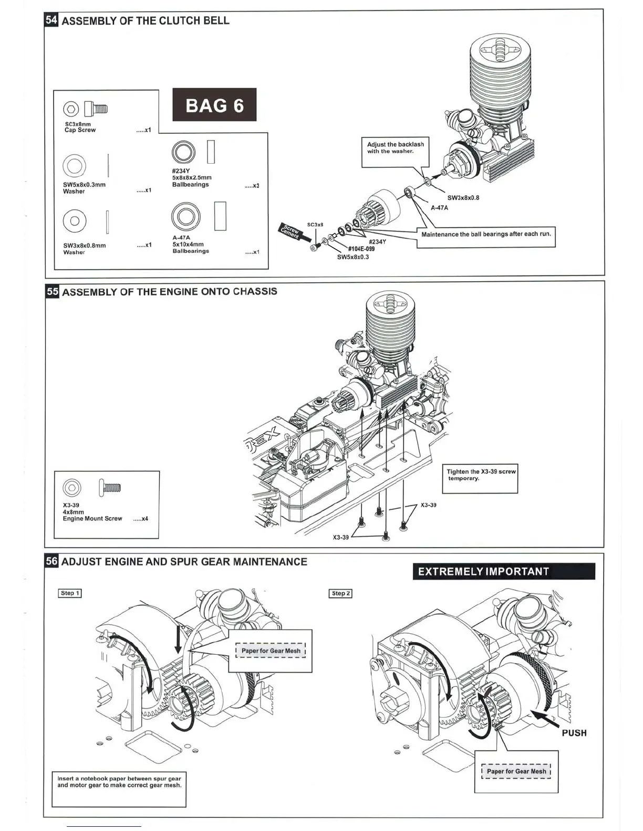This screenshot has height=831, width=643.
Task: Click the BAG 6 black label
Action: pos(214,105)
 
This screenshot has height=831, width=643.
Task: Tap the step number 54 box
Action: pos(51,20)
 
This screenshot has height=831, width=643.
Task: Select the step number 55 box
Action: pos(52,292)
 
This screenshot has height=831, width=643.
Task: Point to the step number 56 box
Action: pos(51,561)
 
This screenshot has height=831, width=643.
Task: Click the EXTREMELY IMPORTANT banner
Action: pos(503,571)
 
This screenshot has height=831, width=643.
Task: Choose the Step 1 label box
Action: pos(70,593)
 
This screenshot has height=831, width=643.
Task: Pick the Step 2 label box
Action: pos(340,593)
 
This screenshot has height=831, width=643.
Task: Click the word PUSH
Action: pos(574,733)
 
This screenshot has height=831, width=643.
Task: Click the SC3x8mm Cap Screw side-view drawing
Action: pos(96,109)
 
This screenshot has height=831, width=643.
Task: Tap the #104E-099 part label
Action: pos(361,249)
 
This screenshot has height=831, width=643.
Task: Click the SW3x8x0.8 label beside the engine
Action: pos(463,198)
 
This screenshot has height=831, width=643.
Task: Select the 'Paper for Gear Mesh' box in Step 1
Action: pos(271,651)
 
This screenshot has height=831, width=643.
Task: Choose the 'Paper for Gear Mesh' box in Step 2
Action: pos(516,771)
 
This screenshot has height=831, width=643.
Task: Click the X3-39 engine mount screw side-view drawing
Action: pos(110,487)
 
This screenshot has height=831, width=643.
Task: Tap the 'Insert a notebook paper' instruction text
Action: pos(119,782)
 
